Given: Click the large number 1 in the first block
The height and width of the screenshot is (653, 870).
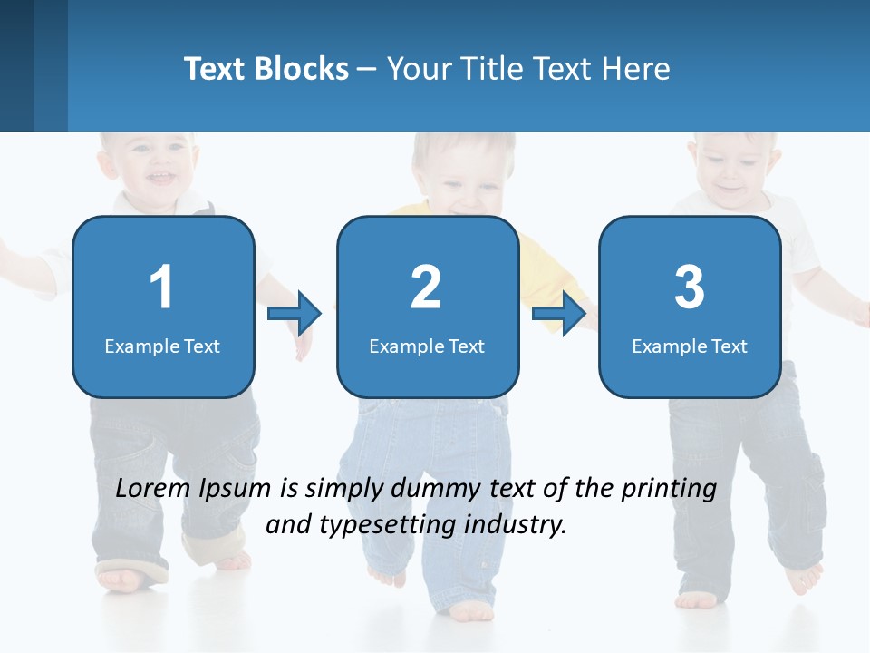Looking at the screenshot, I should click(162, 288).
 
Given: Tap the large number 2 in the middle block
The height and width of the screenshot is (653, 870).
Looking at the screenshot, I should click(426, 288).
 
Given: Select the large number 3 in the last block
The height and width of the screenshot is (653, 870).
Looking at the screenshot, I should click(690, 288).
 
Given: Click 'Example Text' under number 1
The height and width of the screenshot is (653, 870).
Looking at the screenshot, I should click(162, 346).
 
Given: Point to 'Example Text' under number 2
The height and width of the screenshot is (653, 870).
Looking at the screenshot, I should click(427, 346).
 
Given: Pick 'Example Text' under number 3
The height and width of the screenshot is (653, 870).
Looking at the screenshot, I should click(690, 346).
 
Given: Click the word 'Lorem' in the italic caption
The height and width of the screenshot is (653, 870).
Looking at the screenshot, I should click(153, 489).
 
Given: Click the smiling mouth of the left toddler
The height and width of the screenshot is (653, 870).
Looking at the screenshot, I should click(162, 177).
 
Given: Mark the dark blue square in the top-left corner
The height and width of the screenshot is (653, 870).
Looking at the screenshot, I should click(16, 65).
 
